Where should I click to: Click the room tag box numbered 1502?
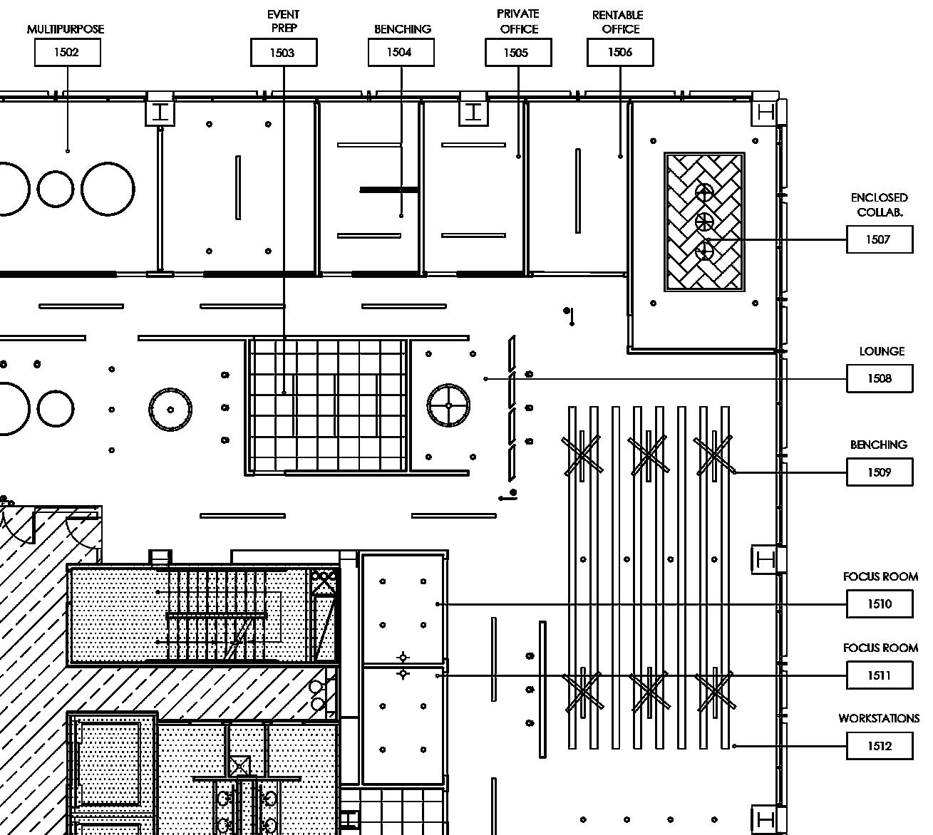(x=67, y=52)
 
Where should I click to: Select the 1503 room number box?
(x=283, y=53)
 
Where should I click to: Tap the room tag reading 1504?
(x=401, y=52)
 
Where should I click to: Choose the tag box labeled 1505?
(x=517, y=53)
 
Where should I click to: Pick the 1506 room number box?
(x=619, y=52)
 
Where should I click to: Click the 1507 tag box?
(x=879, y=239)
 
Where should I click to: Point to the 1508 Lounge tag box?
(x=879, y=378)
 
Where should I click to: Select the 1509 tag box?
(x=879, y=472)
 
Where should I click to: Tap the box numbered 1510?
(x=879, y=604)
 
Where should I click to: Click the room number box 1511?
(x=879, y=675)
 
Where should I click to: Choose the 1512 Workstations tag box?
(x=879, y=746)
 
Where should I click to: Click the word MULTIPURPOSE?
(x=66, y=29)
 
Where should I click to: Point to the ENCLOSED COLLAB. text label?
(x=879, y=204)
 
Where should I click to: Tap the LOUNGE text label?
(x=882, y=351)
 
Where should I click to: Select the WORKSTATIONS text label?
(x=878, y=718)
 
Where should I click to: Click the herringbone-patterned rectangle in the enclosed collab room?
(x=704, y=222)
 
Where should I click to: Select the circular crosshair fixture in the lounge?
(x=448, y=405)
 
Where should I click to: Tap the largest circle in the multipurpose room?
(x=108, y=189)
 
